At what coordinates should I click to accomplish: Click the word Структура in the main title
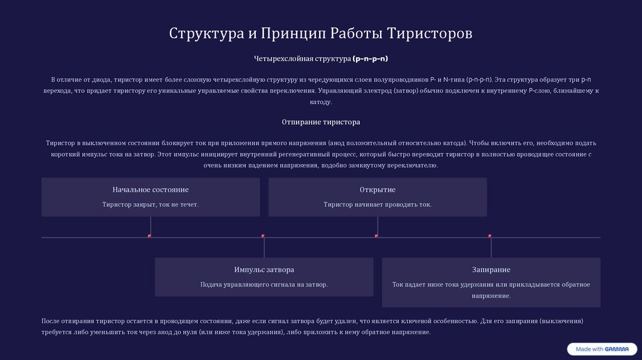202,33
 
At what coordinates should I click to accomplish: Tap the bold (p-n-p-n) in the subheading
371,59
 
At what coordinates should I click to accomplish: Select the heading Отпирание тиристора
321,122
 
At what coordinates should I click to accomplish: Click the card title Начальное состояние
150,189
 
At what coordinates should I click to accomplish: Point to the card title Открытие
377,189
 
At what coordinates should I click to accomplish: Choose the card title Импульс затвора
264,270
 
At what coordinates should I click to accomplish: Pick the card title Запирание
491,270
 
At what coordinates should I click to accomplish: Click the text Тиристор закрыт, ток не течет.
150,204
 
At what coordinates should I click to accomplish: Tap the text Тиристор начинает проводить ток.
377,204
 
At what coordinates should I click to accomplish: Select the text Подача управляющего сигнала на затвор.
264,285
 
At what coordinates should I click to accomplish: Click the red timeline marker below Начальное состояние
150,236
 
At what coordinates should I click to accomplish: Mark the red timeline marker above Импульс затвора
263,236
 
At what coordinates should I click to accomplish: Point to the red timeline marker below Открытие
377,236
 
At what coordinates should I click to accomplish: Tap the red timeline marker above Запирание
490,236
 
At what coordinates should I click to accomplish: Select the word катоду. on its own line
321,102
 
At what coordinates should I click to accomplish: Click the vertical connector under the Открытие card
378,226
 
